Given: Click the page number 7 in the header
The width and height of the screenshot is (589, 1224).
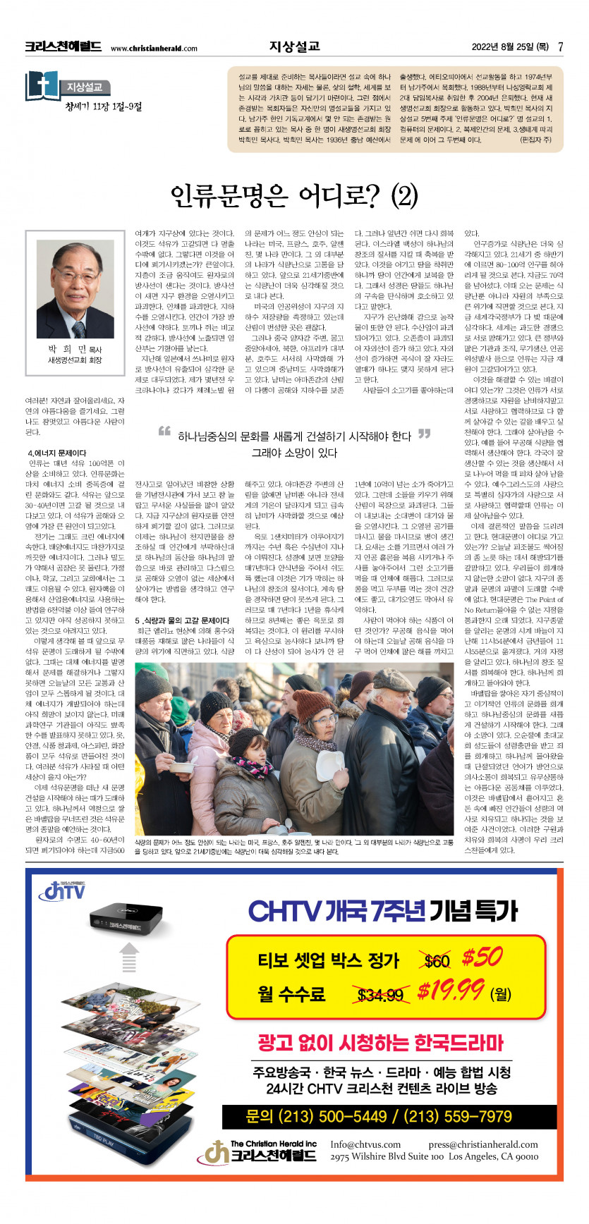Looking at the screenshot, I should click(560, 47).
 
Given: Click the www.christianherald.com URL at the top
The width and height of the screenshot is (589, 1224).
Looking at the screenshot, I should click(154, 49).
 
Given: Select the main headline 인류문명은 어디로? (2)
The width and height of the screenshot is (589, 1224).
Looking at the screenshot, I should click(294, 196).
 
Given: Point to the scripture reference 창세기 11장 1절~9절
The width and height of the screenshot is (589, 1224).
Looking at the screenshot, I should click(103, 106).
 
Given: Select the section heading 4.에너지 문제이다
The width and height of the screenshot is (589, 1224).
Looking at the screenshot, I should click(56, 453).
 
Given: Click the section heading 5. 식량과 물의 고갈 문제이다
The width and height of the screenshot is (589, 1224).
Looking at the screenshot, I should click(182, 620).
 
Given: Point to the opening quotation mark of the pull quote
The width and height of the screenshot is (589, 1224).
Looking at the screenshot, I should click(164, 432).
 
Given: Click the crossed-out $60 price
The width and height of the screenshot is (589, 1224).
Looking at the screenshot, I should click(437, 960).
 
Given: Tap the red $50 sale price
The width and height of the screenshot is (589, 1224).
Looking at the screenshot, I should click(482, 957).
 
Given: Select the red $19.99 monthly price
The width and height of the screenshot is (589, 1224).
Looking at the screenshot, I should click(451, 991).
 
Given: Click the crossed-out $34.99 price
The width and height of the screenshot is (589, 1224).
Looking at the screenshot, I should click(380, 994).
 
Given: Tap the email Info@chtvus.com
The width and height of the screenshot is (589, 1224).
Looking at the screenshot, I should click(365, 1144).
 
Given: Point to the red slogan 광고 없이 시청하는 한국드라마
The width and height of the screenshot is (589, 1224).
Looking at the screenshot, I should click(380, 1043).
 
